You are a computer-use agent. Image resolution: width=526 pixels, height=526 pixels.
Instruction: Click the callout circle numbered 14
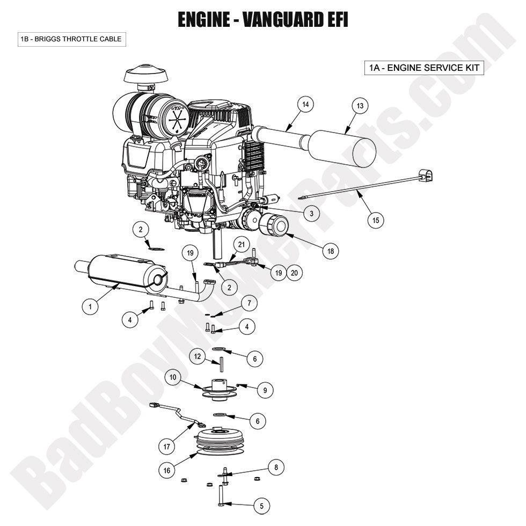click(x=305, y=105)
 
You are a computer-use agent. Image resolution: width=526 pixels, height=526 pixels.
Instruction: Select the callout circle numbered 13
click(x=360, y=106)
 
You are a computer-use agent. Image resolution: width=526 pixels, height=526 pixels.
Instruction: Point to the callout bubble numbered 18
click(x=331, y=250)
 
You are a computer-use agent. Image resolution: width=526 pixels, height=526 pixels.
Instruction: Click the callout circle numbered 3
click(x=311, y=213)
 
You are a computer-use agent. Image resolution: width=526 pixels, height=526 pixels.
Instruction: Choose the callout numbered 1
click(x=90, y=306)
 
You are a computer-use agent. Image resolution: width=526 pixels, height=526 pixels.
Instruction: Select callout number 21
click(x=241, y=245)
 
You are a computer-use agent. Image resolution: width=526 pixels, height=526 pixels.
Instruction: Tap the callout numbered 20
click(x=294, y=273)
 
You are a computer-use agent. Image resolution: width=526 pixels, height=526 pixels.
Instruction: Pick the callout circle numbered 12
click(x=198, y=356)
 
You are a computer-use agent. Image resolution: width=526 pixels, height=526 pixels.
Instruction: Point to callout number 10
click(x=173, y=377)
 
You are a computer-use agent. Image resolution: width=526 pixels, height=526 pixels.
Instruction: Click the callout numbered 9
click(x=265, y=390)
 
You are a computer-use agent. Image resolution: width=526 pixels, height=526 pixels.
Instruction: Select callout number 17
click(x=167, y=445)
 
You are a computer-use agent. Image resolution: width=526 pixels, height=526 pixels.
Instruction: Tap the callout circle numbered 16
click(x=167, y=470)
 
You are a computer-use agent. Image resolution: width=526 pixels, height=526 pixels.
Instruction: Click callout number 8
click(x=276, y=467)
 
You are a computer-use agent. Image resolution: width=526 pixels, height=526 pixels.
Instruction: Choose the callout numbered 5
click(x=261, y=505)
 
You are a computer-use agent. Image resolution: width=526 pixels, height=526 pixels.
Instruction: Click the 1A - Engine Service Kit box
click(x=424, y=68)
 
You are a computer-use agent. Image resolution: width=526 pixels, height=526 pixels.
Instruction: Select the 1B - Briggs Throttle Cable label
click(x=71, y=39)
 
